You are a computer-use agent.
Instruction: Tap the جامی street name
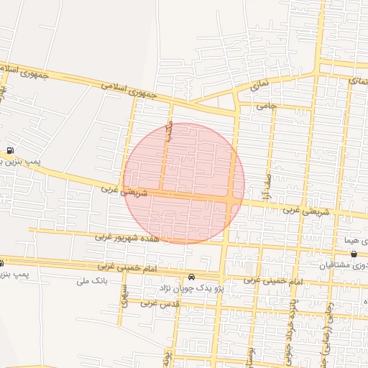[x=267, y=106]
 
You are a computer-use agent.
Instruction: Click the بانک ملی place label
[x=91, y=281]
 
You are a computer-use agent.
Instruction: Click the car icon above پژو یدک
[x=191, y=277]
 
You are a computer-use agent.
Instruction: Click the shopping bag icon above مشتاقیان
[x=354, y=254]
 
